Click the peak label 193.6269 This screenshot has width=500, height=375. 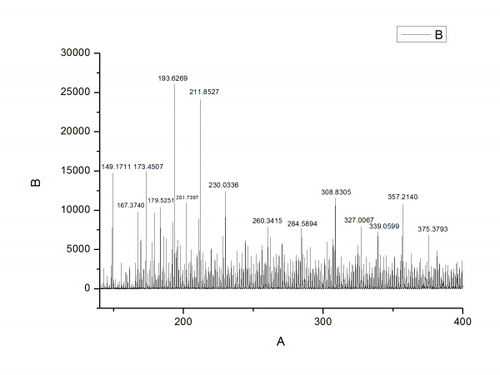173,77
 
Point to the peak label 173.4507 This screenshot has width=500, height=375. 148,167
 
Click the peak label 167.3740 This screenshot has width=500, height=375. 130,205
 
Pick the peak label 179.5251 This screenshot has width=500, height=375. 161,201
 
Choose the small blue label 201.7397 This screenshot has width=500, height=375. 187,197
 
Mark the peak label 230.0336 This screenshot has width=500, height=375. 223,185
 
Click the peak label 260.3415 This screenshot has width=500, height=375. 267,221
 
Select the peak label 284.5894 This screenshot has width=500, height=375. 302,224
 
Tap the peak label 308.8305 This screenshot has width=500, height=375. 336,192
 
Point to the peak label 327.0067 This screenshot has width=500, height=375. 359,220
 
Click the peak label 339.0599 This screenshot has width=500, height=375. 384,227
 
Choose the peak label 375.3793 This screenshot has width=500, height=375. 432,230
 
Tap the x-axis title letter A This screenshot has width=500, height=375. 281,342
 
